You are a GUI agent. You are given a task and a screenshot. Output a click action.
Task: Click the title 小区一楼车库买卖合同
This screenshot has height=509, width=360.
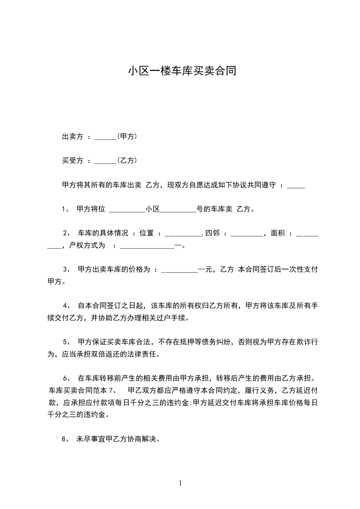pos(182,71)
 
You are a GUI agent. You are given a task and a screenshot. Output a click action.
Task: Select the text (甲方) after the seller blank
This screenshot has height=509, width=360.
pos(127,137)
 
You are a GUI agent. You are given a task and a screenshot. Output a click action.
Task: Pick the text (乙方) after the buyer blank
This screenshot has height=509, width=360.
pos(127,161)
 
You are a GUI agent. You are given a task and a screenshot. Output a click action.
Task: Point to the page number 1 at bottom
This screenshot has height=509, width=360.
pos(180,483)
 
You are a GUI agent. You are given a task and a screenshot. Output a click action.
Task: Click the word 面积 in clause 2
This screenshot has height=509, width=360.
pos(277,233)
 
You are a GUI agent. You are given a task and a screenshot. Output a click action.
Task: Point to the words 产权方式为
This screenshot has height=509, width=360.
pos(87,246)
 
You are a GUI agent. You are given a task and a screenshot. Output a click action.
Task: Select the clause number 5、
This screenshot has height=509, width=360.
pos(67,342)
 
